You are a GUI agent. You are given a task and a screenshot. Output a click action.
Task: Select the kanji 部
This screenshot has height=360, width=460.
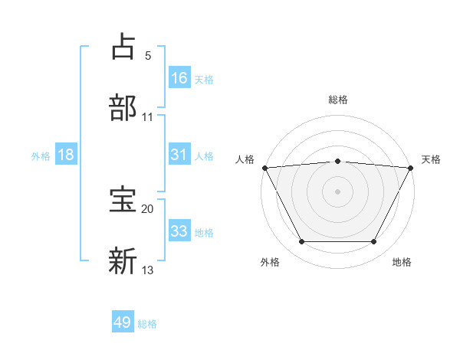[123, 106]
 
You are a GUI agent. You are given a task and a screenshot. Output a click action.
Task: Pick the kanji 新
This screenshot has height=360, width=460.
[123, 260]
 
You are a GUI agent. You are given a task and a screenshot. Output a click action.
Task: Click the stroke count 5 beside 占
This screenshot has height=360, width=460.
[148, 56]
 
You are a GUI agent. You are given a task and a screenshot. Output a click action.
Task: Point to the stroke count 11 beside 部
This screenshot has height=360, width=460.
[148, 117]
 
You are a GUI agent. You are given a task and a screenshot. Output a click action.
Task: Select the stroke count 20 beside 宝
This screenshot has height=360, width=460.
[148, 208]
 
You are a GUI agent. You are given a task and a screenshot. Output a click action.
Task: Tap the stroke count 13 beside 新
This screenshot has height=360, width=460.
[148, 270]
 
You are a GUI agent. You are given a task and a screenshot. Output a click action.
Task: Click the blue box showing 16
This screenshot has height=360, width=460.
[179, 77]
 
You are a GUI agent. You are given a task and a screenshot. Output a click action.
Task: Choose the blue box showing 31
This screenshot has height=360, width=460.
[179, 155]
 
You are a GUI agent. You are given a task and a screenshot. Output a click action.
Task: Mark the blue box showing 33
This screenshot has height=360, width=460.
[179, 231]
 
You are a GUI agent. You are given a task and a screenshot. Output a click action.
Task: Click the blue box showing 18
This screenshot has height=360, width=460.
[66, 155]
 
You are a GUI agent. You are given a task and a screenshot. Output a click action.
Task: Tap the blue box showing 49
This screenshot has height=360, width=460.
[123, 322]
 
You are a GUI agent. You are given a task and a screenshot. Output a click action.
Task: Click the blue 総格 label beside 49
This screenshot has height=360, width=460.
[147, 324]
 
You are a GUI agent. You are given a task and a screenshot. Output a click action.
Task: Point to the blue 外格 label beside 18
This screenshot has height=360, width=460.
[41, 156]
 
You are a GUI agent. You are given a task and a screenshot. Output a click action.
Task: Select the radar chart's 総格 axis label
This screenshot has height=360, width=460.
[337, 100]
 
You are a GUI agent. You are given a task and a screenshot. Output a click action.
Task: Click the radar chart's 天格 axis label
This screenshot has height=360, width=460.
[431, 159]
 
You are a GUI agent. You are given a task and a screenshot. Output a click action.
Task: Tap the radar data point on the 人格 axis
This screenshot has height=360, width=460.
[264, 168]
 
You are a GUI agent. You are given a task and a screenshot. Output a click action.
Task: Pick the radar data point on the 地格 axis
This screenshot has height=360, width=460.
[374, 242]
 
